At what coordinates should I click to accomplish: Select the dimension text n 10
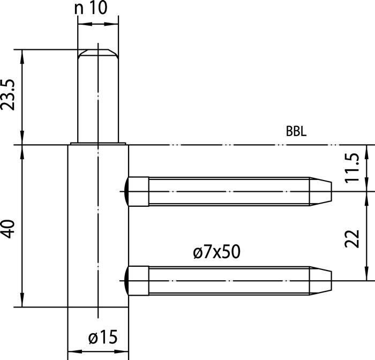(92, 9)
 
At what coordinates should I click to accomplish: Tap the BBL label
(296, 132)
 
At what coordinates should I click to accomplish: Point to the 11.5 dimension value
(351, 168)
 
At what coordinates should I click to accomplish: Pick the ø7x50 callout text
(216, 251)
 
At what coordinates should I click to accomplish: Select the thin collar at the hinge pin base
(97, 144)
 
